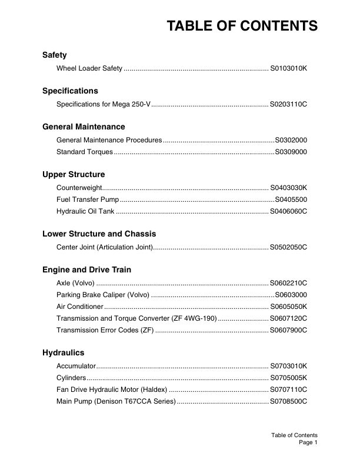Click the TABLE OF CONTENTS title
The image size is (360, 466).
point(242,26)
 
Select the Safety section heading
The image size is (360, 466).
point(54,55)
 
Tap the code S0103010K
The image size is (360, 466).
point(288,69)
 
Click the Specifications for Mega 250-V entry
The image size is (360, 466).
point(104,105)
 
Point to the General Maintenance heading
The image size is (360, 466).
point(84,127)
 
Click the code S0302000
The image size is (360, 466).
point(291,140)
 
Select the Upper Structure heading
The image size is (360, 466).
point(74,175)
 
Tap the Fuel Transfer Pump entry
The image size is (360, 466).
point(87,200)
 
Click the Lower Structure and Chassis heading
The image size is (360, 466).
point(99,234)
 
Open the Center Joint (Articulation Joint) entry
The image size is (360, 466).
point(104,248)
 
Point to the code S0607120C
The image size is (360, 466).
point(288,318)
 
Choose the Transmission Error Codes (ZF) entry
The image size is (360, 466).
point(105,330)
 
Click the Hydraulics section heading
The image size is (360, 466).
point(64,353)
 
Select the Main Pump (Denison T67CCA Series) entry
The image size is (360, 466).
point(116,401)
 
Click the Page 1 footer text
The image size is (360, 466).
point(308,442)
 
